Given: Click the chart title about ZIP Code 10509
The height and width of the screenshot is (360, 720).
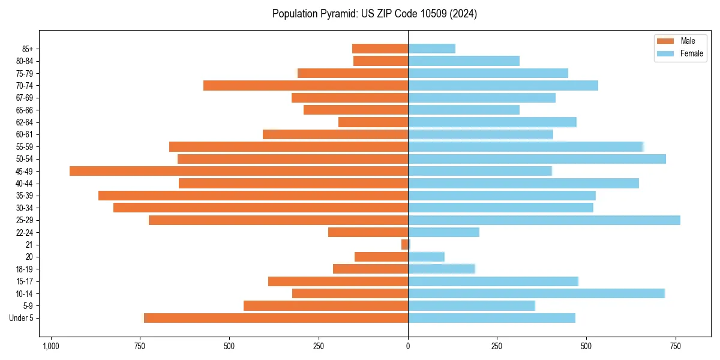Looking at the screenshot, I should (374, 14).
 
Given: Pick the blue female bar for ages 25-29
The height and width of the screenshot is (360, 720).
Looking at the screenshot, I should (544, 220).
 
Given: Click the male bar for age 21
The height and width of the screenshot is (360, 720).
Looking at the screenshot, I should (405, 245).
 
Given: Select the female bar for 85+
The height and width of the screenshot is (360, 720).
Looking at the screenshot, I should (432, 49).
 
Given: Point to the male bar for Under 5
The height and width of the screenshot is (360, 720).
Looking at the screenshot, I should (276, 318).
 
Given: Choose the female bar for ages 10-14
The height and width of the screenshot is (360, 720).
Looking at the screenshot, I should (536, 293).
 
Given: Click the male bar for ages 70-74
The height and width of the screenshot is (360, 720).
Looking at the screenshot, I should (306, 85).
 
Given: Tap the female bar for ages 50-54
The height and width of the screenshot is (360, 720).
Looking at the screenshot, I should (537, 159).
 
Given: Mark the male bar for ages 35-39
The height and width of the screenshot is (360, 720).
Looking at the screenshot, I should (253, 196).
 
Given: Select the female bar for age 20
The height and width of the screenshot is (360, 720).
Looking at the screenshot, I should (427, 257).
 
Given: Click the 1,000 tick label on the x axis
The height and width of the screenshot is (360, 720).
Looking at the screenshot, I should (51, 346).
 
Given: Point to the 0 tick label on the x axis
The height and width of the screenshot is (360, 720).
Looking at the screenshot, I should (408, 346).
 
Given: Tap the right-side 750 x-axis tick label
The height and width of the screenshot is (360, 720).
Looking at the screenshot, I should (676, 346).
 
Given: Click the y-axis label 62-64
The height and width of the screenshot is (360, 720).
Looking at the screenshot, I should (25, 122).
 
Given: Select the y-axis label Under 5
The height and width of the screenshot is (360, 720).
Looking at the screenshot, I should (22, 318).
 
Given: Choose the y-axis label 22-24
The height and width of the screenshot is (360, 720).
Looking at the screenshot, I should (25, 232).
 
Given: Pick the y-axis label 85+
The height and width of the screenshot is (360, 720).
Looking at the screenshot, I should (28, 49).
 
